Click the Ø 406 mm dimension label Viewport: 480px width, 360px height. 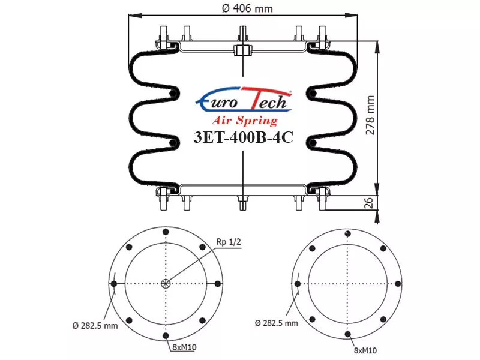247,8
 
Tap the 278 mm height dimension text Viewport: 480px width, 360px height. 370,115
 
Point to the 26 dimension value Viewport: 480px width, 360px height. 369,203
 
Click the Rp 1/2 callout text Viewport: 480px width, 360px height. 229,242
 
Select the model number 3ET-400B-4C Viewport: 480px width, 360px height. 244,137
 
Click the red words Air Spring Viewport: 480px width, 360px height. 245,121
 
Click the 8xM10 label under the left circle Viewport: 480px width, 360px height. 184,347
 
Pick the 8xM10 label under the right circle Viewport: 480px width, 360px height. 365,350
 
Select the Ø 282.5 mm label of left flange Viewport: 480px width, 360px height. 95,325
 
